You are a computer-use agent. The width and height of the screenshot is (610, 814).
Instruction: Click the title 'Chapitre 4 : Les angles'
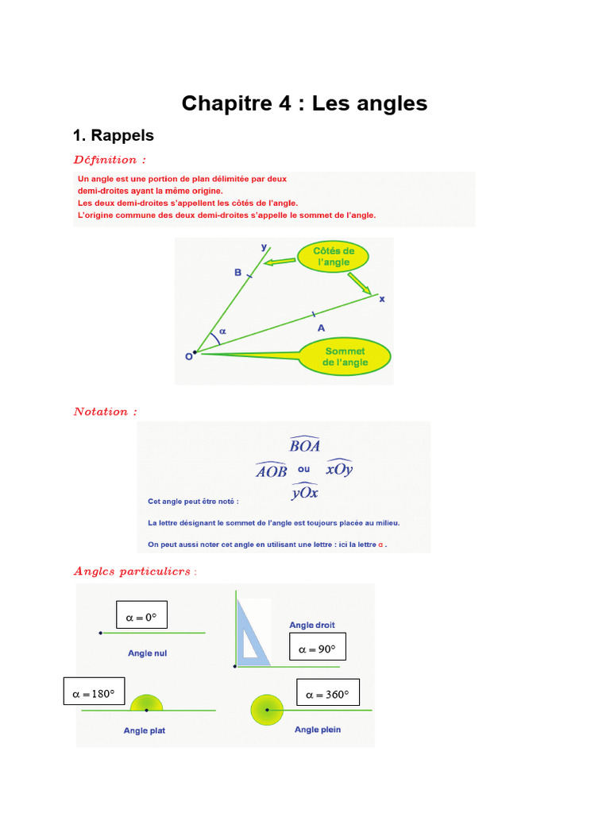(304, 103)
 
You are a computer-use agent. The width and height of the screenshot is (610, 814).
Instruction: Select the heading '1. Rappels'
(113, 135)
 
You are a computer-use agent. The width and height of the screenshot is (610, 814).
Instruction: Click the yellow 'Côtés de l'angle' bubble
(334, 256)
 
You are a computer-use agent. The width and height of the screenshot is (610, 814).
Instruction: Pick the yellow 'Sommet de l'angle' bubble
(346, 356)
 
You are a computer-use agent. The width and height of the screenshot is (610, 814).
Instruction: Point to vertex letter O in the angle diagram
(189, 357)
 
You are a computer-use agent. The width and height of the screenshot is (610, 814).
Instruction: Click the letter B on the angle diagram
(237, 273)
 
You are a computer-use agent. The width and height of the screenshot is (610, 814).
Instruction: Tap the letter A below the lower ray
(321, 327)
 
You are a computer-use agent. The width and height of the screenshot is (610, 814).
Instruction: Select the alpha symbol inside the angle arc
(222, 331)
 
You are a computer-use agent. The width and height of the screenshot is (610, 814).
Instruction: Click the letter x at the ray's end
(381, 299)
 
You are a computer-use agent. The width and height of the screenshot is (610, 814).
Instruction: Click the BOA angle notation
(305, 445)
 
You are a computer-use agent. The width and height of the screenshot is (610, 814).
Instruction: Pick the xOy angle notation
(339, 469)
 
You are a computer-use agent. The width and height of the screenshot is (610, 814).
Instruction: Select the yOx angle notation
(305, 493)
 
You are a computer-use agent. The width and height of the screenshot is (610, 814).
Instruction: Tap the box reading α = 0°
(141, 615)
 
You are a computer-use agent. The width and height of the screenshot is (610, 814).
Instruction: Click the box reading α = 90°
(318, 649)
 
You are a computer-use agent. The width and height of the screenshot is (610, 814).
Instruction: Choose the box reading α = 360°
(328, 694)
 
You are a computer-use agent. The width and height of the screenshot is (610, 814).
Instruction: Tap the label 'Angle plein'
(318, 730)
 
